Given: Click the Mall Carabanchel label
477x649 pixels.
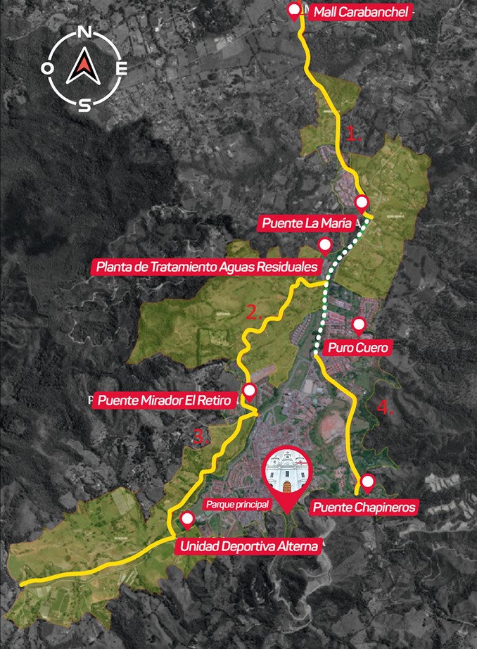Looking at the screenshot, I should pos(360,11).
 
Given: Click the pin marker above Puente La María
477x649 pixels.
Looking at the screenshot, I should pos(362,203).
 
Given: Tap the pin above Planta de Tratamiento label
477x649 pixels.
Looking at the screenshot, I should pos(325,246).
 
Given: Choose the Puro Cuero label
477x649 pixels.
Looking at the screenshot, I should pos(357,348).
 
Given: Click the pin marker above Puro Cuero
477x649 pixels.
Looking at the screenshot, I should pos(359,324).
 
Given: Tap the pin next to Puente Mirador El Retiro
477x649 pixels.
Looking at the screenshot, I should pos(248,391).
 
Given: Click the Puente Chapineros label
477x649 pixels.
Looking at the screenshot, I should pos(366,507).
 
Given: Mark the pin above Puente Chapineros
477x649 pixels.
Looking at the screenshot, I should pos(367,483).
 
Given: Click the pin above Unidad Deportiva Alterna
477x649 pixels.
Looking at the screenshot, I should pos(187,519).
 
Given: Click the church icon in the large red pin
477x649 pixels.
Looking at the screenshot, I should pos(286,474).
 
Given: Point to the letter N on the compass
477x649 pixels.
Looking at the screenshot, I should pos(84,33).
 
